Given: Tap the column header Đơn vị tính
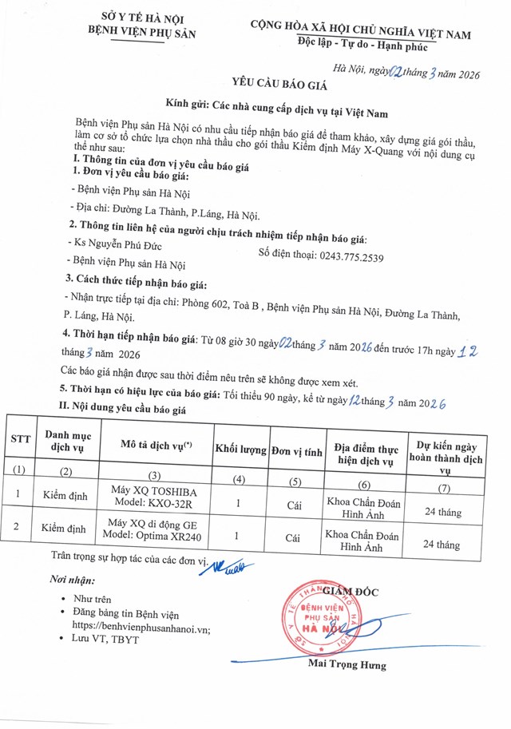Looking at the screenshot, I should pos(295,451).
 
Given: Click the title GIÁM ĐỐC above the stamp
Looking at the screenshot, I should pos(351,591).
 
